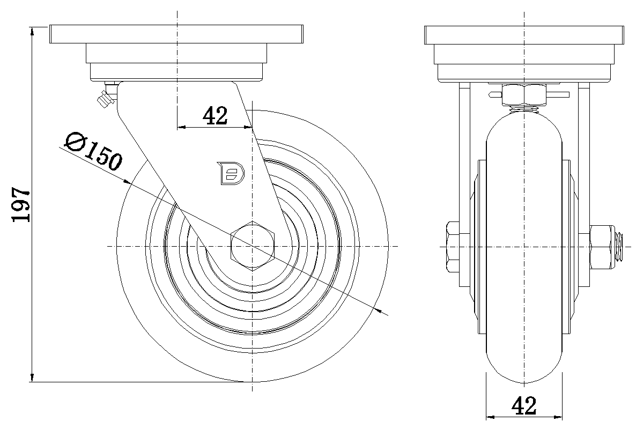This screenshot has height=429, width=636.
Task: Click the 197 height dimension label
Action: [21, 205]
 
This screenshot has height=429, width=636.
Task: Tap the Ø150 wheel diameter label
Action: [93, 151]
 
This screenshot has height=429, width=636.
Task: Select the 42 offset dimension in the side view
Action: [215, 116]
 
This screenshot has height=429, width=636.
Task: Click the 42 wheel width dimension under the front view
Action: [524, 406]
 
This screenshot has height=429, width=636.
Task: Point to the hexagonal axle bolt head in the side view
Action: [253, 246]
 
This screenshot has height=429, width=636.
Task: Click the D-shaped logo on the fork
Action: [231, 173]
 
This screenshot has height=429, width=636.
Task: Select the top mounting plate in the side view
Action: [176, 34]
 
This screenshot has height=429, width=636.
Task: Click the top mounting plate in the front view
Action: [524, 34]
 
